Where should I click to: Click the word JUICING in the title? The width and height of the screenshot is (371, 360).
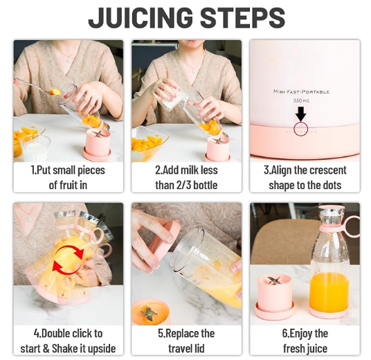[x=141, y=17]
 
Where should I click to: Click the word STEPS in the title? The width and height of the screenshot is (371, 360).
[x=242, y=17]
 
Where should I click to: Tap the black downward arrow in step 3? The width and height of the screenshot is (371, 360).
[x=300, y=114]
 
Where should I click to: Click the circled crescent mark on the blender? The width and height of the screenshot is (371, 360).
[x=300, y=129]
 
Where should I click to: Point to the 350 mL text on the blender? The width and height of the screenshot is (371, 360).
[x=301, y=100]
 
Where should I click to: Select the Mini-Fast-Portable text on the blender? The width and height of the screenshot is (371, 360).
[x=301, y=91]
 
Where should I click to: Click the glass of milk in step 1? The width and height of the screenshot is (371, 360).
[x=35, y=148]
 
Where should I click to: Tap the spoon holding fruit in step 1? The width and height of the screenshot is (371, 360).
[x=38, y=87]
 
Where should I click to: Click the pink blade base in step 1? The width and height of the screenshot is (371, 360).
[x=97, y=145]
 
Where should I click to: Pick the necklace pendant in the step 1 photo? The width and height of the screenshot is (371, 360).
[x=68, y=60]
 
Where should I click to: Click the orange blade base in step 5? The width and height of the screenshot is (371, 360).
[x=150, y=312]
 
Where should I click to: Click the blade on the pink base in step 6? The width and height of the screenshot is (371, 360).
[x=275, y=280]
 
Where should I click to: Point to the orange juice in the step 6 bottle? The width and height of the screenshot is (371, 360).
[x=329, y=293]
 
